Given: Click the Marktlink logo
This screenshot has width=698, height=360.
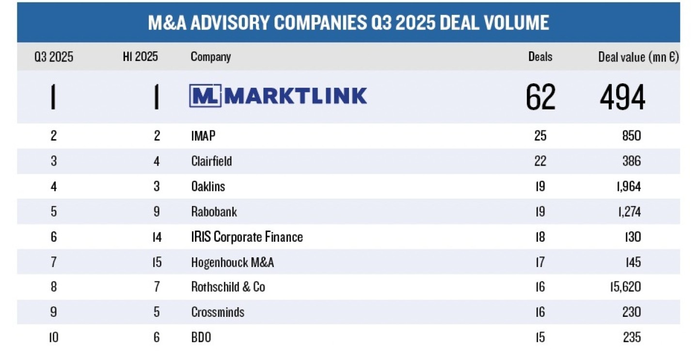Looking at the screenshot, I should point(278,96).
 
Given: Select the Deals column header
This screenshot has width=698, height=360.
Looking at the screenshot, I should point(540,57).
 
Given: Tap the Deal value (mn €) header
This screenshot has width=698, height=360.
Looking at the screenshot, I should point(638,57).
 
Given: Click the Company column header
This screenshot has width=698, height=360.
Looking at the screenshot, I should point(210,57).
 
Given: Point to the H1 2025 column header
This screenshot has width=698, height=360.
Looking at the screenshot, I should point(140,57).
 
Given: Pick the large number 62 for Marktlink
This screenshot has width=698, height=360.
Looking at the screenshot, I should point(540,97).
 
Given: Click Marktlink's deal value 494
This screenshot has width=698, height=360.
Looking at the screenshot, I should point(622,97).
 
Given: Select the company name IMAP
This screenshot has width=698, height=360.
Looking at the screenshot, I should point(203,136).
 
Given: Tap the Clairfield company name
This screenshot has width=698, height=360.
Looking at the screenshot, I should point(211,161).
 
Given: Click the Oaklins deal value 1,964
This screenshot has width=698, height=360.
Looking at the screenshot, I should point(626,186).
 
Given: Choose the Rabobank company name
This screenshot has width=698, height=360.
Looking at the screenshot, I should point(214,212).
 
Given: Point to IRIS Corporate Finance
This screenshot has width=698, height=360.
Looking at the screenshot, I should point(247,237).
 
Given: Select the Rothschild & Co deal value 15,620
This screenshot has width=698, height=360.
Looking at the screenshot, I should point(624,287).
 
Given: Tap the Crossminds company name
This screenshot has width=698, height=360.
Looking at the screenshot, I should point(218,312).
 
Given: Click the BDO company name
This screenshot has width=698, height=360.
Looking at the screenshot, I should point(201,337).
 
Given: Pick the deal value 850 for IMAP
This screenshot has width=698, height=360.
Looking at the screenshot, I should point(632,136).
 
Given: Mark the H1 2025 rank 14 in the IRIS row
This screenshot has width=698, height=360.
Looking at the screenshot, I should point(156,237).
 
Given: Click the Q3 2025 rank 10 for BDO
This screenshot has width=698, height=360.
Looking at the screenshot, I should point(53,337).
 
